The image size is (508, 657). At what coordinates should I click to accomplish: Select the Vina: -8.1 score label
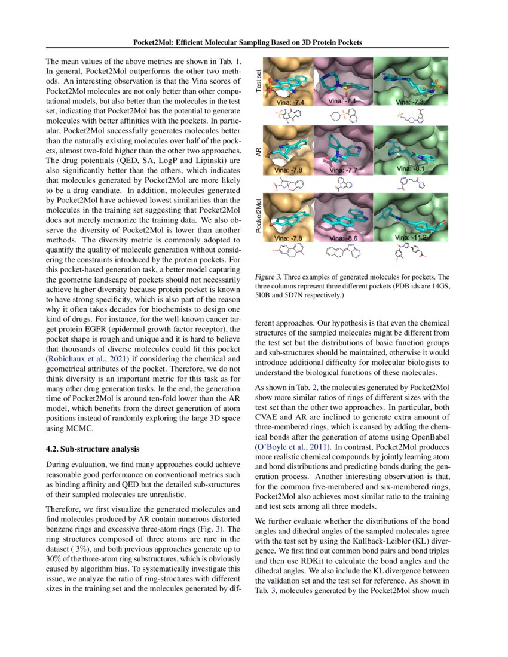(x=412, y=169)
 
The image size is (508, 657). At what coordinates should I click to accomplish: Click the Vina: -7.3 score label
(x=411, y=102)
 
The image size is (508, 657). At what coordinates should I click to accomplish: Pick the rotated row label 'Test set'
(x=259, y=80)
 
